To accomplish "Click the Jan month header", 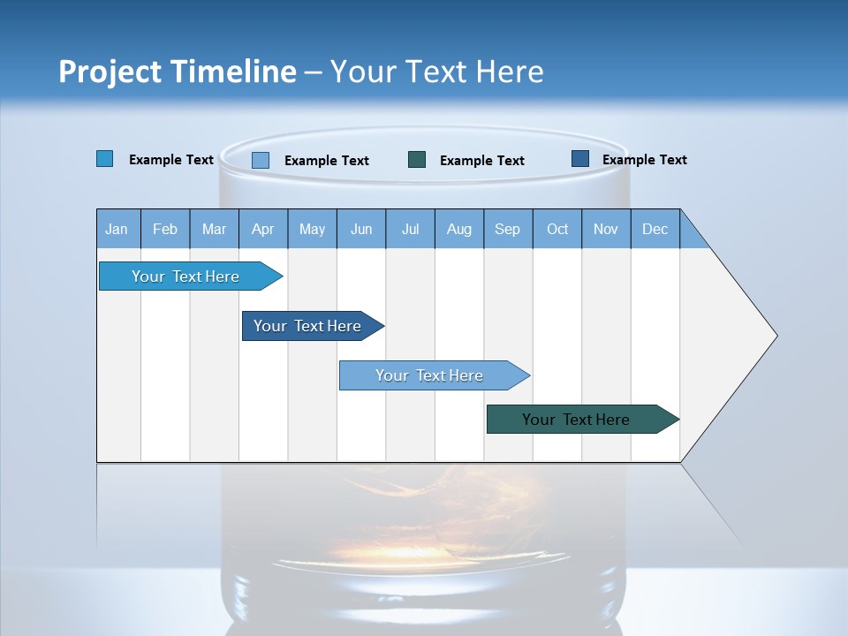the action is pos(117,229).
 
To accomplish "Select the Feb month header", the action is pos(165,229).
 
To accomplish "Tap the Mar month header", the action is pos(214,229).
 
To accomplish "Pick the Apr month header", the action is pos(263,229).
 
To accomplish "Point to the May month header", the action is pos(312,229).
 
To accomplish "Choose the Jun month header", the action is pos(361,229).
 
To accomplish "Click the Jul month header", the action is pos(410,229).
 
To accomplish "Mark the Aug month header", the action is pos(459,229).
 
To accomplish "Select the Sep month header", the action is pos(508,229).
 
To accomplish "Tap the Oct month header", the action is pos(557,229).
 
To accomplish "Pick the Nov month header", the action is pos(606,229).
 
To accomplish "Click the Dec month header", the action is pos(655,229).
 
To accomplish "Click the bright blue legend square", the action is pos(105,159).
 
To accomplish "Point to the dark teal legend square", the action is pos(417,159).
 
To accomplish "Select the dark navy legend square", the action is pos(580,159).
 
